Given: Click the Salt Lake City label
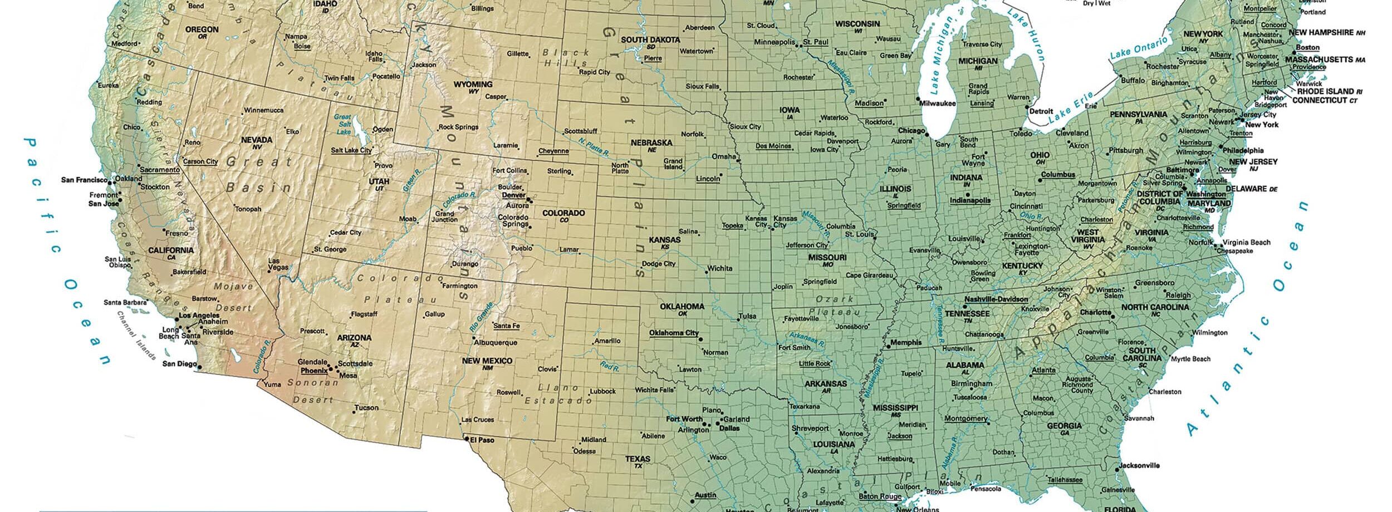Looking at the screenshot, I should click(351, 150).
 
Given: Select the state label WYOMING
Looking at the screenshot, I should click(473, 85).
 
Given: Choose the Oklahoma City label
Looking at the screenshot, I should click(674, 333).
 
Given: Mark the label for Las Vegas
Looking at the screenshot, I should click(278, 264).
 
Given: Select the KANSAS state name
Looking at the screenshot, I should click(664, 240).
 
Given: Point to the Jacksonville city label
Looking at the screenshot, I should click(1139, 465).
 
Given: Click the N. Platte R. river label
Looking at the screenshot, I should click(594, 146).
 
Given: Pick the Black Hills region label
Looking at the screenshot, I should click(565, 57).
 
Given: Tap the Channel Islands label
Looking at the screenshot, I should click(136, 335).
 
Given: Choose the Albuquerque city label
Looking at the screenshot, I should click(496, 343).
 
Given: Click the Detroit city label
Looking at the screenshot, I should click(1041, 111).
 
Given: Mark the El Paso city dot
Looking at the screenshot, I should click(467, 439).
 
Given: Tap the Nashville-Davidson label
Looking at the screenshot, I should click(996, 299).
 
